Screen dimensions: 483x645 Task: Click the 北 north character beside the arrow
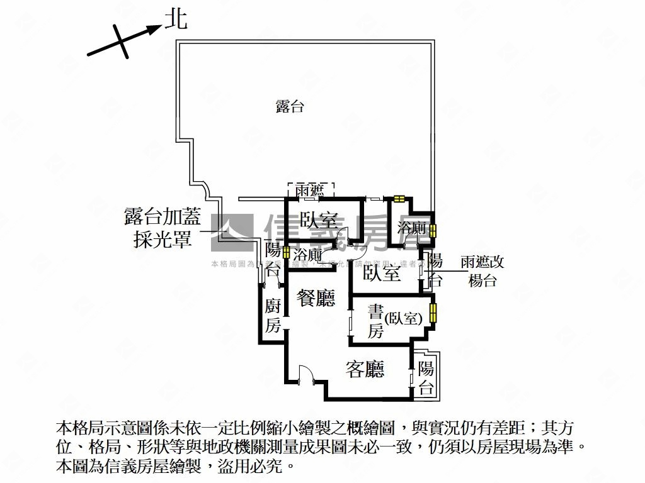[x=176, y=21]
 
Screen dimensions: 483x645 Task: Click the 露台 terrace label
[x=290, y=106]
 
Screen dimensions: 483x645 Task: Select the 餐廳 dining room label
[x=316, y=297]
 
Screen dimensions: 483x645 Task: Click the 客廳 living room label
[x=365, y=369]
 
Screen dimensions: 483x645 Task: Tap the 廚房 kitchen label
[x=273, y=316]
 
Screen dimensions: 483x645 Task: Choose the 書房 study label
[x=375, y=321]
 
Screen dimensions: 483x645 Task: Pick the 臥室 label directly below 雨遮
[x=319, y=221]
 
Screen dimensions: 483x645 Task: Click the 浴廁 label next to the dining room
[x=308, y=256]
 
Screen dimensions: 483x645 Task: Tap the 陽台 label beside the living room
[x=426, y=378]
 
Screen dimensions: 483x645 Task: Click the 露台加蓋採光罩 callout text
[x=163, y=229]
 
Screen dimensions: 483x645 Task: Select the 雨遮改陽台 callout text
[x=482, y=271]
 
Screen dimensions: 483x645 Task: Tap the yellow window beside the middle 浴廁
[x=287, y=253]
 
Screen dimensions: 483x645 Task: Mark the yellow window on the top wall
[x=398, y=199]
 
